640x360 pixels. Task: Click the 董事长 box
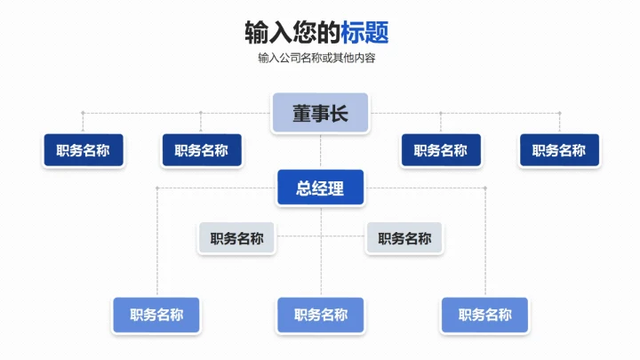point(319,114)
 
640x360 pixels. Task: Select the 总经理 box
point(320,188)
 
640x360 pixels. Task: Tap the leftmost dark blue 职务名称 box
point(83,150)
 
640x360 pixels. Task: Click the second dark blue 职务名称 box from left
point(201,150)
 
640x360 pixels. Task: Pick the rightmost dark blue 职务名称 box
point(559,150)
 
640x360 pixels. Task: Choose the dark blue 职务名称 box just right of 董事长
point(440,150)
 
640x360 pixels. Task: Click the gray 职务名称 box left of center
point(236,238)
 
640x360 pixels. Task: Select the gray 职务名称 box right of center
point(404,238)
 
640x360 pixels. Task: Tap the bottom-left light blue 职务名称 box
point(156,315)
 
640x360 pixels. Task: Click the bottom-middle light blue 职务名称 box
point(320,315)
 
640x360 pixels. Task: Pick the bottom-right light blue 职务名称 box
point(484,315)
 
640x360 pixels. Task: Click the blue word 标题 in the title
point(364,33)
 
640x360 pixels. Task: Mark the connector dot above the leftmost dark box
point(83,113)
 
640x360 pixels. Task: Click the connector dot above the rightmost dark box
point(559,113)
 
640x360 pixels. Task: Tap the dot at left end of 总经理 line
point(156,188)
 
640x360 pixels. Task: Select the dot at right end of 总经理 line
point(484,188)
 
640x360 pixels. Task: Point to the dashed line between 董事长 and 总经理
point(320,152)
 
